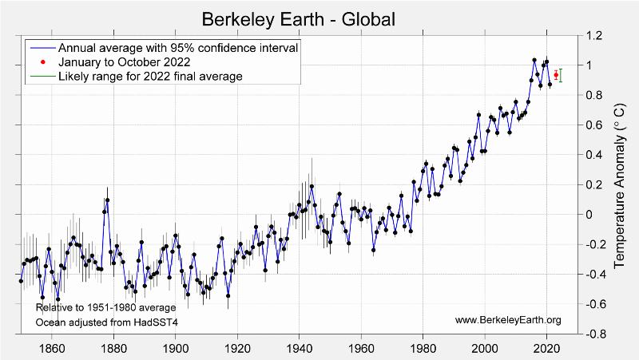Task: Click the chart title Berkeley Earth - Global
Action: (298, 18)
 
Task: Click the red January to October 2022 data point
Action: (556, 75)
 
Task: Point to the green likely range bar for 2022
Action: (562, 76)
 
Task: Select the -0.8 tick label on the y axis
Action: (595, 334)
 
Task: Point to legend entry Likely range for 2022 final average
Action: (149, 76)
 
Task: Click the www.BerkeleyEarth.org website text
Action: (508, 320)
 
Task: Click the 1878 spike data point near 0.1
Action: (107, 200)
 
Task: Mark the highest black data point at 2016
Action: (534, 60)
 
